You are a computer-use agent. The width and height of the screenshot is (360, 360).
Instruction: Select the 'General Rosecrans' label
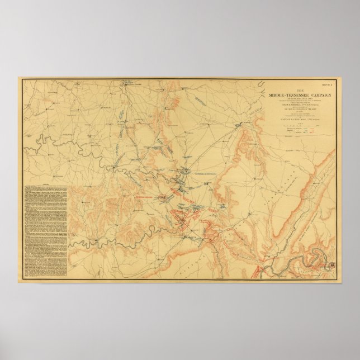click(x=206, y=174)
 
